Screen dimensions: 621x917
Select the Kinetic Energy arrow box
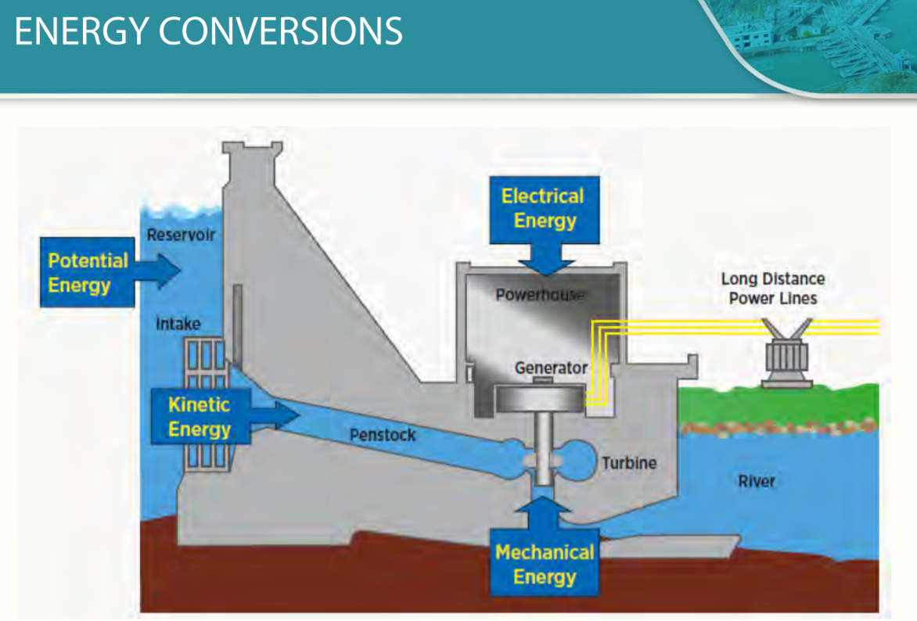tap(200, 417)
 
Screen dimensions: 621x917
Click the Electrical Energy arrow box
tap(543, 209)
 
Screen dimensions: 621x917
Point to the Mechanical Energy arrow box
tap(545, 564)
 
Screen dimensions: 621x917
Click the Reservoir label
tap(181, 235)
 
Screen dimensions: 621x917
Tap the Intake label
tap(178, 323)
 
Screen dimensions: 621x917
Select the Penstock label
tap(383, 435)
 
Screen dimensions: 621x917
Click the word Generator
tap(551, 368)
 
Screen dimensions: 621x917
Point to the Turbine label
tap(629, 462)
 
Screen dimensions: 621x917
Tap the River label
tap(757, 480)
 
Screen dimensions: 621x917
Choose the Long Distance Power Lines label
tap(772, 289)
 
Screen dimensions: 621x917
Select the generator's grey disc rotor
tap(539, 397)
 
